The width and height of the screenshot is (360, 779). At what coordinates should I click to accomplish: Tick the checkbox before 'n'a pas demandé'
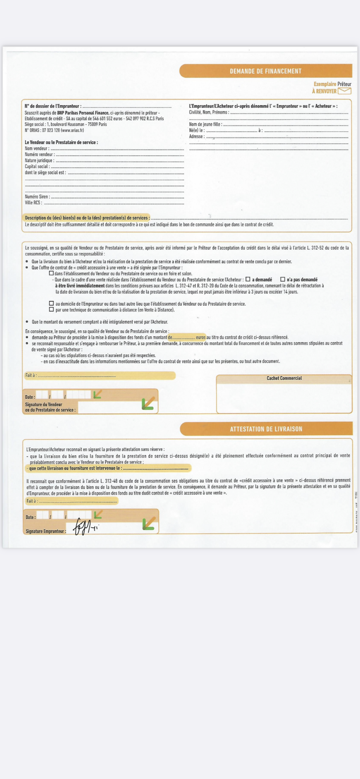(283, 279)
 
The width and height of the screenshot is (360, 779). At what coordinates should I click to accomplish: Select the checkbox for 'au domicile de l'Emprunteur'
(51, 303)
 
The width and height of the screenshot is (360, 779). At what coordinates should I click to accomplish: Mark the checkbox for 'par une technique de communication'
(51, 309)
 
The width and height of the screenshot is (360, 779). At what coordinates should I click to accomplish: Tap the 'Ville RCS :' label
(33, 203)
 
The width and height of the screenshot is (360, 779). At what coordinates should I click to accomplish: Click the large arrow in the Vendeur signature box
(148, 403)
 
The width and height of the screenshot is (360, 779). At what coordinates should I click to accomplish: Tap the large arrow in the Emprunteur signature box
(149, 523)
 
